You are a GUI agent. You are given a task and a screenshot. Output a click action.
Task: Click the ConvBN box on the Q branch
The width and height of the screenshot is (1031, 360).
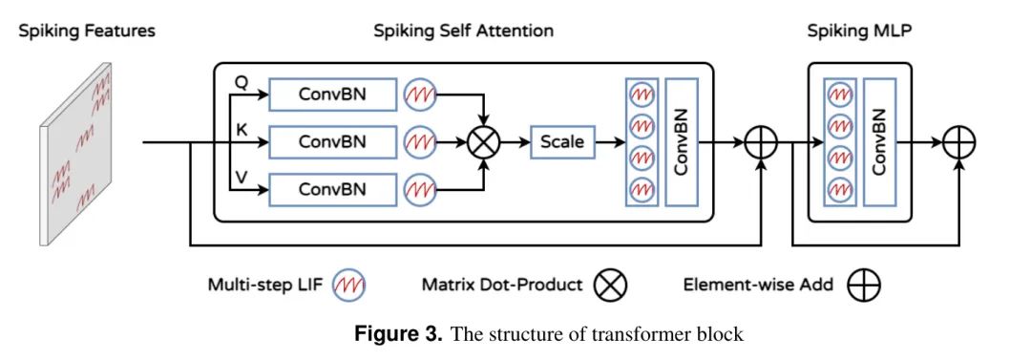(x=333, y=95)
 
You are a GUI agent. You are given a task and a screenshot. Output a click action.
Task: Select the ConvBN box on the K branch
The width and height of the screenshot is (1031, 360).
(x=333, y=142)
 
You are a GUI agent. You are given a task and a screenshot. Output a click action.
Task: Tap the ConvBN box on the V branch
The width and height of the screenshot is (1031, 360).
(x=333, y=189)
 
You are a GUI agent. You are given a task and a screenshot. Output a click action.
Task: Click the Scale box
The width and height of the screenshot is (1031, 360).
(x=562, y=142)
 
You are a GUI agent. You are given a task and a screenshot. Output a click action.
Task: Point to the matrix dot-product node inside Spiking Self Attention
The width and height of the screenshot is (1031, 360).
(x=484, y=142)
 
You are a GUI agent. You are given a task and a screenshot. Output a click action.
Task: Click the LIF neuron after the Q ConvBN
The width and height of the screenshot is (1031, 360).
(x=420, y=95)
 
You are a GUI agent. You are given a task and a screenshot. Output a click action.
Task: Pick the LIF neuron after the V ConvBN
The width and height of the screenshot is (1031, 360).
(x=420, y=189)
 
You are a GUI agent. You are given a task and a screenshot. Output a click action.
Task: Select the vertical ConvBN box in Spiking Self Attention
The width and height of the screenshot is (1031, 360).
(x=682, y=142)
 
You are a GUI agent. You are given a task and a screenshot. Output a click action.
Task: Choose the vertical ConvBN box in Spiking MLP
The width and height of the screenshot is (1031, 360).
(x=879, y=142)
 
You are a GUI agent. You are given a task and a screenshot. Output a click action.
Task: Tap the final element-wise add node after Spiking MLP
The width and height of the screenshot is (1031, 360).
(x=958, y=142)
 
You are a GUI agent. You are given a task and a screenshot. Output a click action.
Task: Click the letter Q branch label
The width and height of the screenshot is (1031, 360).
(x=241, y=81)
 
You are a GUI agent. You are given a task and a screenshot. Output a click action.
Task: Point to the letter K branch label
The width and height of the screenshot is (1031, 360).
(x=242, y=130)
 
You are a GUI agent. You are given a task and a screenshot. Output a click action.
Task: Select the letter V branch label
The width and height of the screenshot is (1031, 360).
(x=241, y=177)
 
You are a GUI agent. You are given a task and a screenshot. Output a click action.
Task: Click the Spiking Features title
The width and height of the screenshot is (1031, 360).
(x=87, y=31)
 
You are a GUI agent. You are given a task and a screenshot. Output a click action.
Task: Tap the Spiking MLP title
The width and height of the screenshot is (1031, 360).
(x=859, y=31)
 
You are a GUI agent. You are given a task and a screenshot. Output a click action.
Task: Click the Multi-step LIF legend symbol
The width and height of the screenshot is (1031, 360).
(x=349, y=285)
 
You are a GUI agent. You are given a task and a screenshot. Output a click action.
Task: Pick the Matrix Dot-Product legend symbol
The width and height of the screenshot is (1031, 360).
(x=610, y=285)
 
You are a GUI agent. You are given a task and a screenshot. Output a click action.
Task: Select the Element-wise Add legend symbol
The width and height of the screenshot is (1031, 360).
(x=863, y=285)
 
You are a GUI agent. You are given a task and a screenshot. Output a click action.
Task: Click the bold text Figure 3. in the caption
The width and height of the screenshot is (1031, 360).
(x=398, y=333)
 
